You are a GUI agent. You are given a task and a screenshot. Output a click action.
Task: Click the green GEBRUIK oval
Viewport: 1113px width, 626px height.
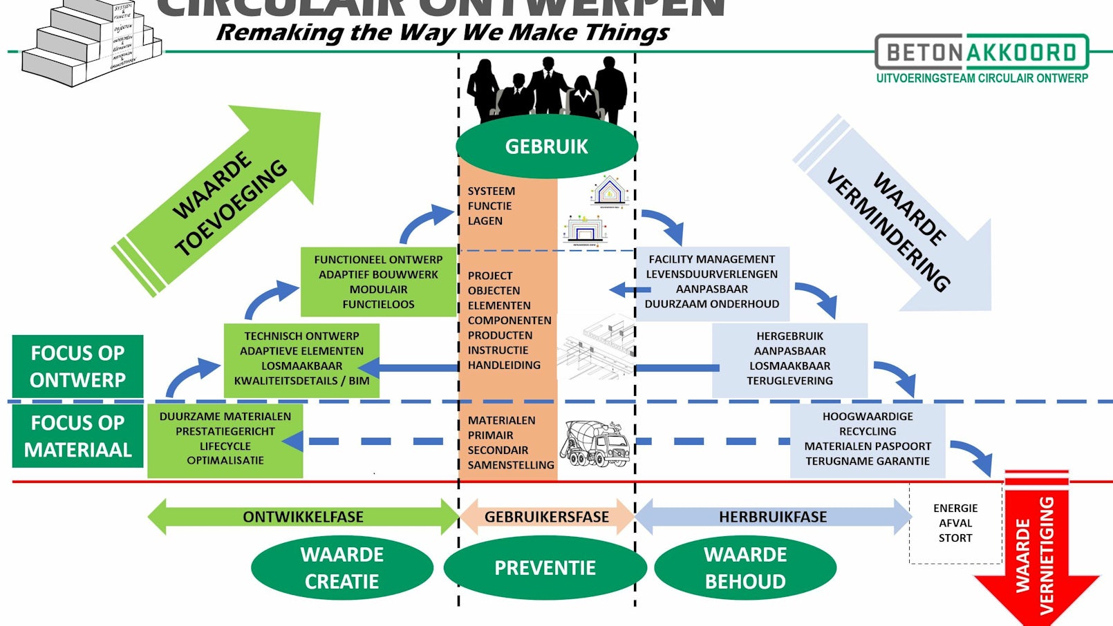coord(546,146)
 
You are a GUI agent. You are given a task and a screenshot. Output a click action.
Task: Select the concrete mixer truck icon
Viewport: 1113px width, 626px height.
coord(595,443)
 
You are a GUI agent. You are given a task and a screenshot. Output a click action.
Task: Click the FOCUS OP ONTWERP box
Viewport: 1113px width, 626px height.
coord(77,366)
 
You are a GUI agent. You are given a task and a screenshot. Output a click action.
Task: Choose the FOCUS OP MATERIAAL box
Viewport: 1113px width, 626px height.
coord(77,436)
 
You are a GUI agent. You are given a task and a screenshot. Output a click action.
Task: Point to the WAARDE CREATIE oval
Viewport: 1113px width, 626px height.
coord(342,568)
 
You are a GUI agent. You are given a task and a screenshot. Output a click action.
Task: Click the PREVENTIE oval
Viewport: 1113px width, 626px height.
coord(545,568)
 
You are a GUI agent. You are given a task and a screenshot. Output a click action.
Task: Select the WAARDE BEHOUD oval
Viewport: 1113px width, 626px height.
coord(745,568)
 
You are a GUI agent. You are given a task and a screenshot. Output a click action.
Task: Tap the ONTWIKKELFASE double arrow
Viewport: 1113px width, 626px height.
coord(303,517)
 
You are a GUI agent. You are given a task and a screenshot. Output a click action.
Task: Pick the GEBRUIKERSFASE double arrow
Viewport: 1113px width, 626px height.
coord(546,517)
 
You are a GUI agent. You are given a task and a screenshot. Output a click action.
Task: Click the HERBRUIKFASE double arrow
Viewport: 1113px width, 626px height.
coord(773,517)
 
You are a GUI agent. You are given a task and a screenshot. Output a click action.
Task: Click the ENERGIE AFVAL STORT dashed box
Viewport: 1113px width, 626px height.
coord(955,523)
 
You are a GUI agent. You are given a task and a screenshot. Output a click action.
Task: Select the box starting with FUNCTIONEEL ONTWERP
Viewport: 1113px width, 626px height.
coord(378,282)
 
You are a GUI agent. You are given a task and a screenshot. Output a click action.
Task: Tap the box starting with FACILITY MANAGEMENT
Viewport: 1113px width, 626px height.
coord(712,282)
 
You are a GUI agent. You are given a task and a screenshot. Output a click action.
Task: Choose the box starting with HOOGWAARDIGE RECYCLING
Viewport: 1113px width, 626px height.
coord(868,439)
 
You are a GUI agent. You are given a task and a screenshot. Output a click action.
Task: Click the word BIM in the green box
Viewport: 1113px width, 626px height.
coord(359,381)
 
